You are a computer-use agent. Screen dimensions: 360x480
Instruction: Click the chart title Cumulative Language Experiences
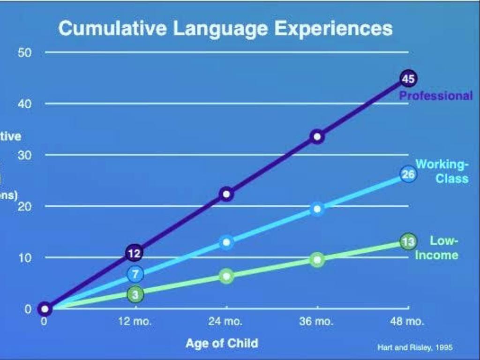[x=225, y=29]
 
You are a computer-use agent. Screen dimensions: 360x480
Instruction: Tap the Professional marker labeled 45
[x=408, y=79]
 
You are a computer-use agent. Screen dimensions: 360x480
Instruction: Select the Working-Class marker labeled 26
[x=408, y=174]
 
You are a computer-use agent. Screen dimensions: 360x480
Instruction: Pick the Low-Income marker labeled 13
[x=408, y=241]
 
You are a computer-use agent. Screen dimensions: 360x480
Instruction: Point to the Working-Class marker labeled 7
[x=135, y=274]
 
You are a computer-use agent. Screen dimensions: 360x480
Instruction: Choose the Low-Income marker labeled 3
[x=135, y=294]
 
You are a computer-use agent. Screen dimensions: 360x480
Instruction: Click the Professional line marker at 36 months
[x=317, y=137]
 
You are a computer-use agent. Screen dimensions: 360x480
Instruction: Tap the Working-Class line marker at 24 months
[x=226, y=242]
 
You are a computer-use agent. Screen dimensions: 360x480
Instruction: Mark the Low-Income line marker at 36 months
[x=317, y=260]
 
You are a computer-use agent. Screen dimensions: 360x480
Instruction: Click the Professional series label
[x=436, y=96]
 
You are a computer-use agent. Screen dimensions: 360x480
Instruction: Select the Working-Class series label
[x=442, y=172]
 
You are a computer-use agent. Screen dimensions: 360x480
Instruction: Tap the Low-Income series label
[x=437, y=248]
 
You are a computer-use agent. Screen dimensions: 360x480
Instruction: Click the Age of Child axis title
[x=222, y=343]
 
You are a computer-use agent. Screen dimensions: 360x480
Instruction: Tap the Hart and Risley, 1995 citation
[x=415, y=347]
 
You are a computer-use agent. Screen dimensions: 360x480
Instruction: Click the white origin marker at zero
[x=45, y=309]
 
